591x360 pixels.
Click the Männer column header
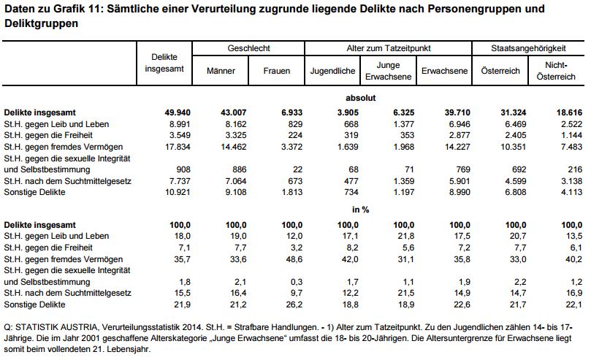click(221, 71)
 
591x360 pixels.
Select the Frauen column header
click(277, 71)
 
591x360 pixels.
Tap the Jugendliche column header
click(332, 71)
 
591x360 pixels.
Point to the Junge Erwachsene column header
click(388, 71)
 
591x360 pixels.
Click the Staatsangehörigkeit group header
click(528, 48)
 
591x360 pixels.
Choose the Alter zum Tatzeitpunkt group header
click(388, 48)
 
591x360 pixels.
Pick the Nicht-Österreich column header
click(556, 71)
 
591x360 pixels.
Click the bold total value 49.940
click(177, 112)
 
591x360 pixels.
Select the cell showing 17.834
click(178, 147)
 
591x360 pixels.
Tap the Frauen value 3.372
click(291, 147)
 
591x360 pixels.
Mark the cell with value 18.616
click(569, 112)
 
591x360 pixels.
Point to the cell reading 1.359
click(404, 181)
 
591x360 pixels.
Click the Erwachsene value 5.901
click(460, 181)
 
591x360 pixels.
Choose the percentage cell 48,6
click(294, 259)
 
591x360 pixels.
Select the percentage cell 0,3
click(297, 282)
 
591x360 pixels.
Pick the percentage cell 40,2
click(574, 259)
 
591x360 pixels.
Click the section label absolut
click(361, 98)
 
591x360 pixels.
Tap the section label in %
click(361, 210)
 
